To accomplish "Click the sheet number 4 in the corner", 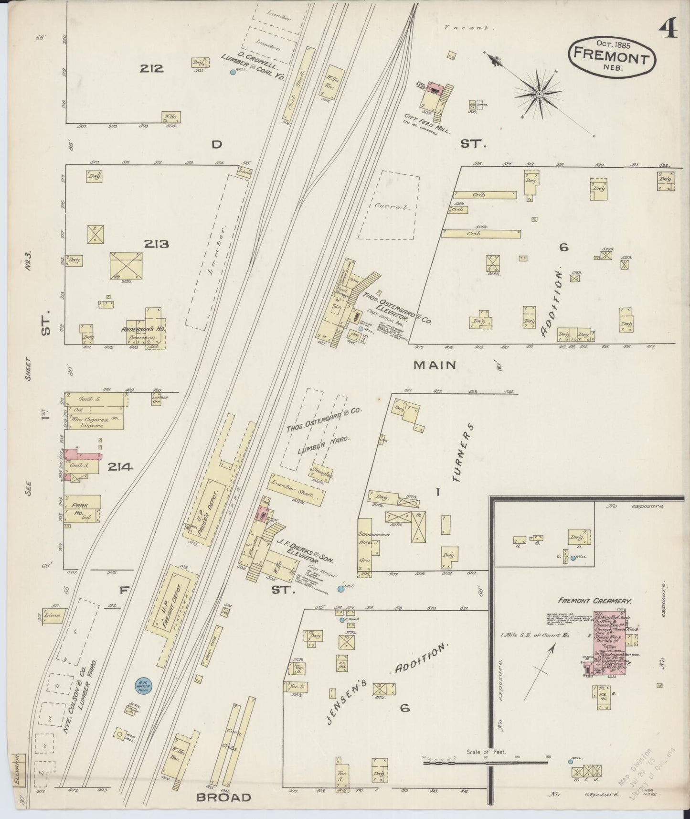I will [x=669, y=31].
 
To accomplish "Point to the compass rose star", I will [x=539, y=94].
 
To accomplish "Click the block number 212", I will [x=151, y=68].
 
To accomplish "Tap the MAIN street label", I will [x=435, y=365].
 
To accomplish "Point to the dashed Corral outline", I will [x=389, y=205].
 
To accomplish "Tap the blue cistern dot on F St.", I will [x=340, y=589].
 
